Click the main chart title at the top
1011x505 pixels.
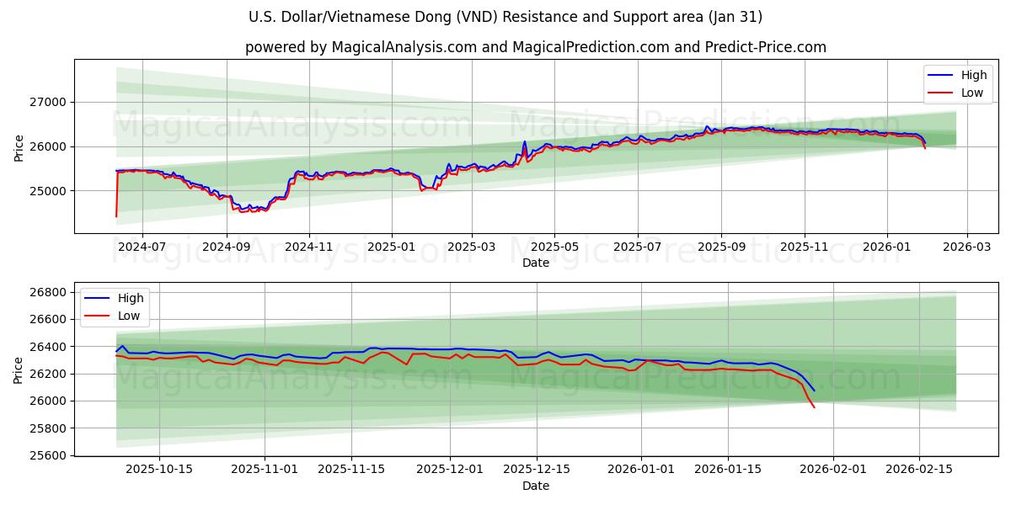tap(505, 17)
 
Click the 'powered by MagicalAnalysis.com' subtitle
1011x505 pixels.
tap(536, 47)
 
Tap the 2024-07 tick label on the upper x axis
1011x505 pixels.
tap(142, 247)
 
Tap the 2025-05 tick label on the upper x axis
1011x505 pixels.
tap(554, 247)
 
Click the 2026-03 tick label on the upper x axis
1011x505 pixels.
tap(966, 247)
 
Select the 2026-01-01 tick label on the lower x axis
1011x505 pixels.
tap(641, 469)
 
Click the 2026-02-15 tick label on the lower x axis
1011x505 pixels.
tap(919, 469)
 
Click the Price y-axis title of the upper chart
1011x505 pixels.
tap(19, 146)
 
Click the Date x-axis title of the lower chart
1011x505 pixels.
tap(536, 486)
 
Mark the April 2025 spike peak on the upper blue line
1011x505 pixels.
tap(524, 141)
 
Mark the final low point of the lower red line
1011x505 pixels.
tap(814, 407)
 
